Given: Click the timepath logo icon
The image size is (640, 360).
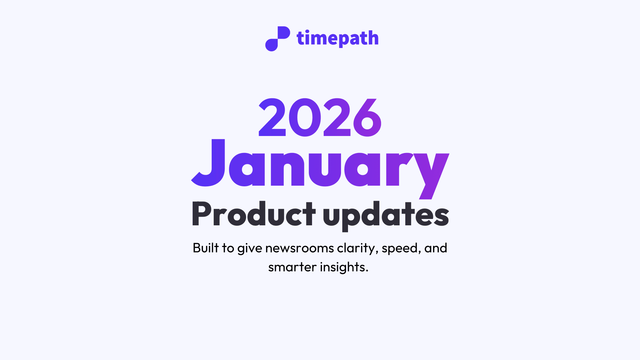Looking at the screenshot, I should tap(277, 39).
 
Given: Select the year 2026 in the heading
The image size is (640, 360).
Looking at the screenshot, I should tap(320, 118).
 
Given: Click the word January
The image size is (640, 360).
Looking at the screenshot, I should tap(320, 167).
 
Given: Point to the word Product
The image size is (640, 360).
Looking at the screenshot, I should tap(253, 214).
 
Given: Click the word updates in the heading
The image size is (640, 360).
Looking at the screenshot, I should tap(386, 215).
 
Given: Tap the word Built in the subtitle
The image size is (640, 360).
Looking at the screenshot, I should tap(205, 248).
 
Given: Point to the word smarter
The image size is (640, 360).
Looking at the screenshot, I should tap(292, 267).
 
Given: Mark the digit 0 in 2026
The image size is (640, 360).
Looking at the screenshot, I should tap(305, 118).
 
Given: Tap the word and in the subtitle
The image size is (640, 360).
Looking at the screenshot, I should tap(435, 248).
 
